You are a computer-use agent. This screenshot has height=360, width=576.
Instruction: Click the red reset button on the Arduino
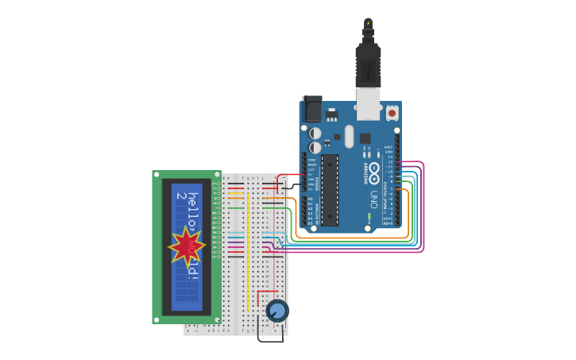392,113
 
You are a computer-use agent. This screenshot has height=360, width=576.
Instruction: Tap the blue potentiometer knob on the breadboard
276,310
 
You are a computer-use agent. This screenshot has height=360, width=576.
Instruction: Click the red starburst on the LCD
187,247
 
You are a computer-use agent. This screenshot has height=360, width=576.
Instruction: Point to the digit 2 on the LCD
181,196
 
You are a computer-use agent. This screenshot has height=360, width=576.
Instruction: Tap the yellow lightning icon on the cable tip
368,24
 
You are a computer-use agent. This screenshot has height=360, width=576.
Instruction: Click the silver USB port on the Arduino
368,103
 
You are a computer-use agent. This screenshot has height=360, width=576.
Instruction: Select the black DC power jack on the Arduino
312,109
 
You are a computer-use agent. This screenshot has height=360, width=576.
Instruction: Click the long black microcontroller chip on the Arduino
330,190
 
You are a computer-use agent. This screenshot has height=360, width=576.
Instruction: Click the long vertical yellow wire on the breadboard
248,246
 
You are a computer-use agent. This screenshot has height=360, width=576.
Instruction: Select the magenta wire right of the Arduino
423,207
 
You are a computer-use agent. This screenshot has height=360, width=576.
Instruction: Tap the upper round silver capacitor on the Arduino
315,134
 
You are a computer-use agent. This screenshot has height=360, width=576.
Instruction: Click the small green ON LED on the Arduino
369,215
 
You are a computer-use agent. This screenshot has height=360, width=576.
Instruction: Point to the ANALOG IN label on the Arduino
316,212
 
